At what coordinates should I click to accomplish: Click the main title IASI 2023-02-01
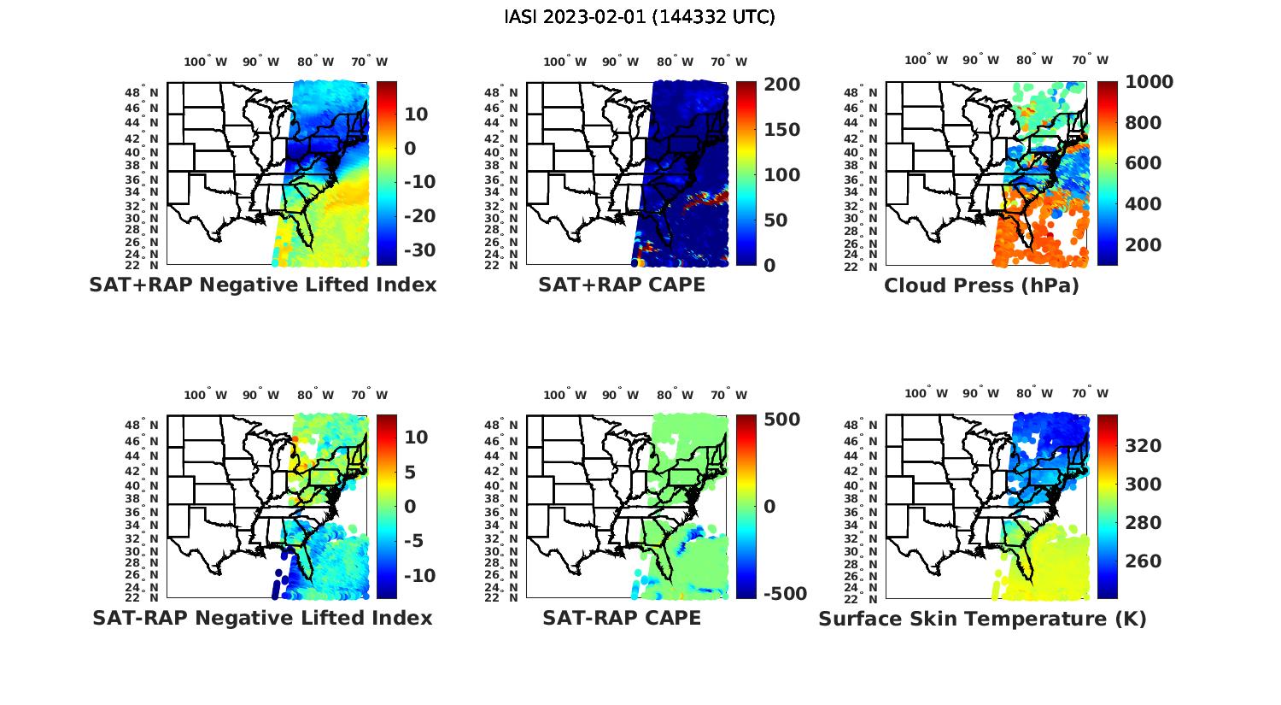640,17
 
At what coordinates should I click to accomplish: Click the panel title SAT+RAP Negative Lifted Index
262,285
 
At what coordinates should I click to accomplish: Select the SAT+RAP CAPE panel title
622,285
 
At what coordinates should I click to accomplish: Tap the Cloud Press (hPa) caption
981,285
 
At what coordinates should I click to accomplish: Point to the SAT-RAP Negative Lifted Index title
262,618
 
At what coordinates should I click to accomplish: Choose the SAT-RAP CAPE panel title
622,618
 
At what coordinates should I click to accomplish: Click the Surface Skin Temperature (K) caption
982,619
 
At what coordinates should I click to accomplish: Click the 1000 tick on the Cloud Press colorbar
1149,82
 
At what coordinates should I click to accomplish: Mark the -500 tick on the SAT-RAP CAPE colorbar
778,593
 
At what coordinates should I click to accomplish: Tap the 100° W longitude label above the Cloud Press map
926,61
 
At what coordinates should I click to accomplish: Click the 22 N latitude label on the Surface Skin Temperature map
867,598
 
